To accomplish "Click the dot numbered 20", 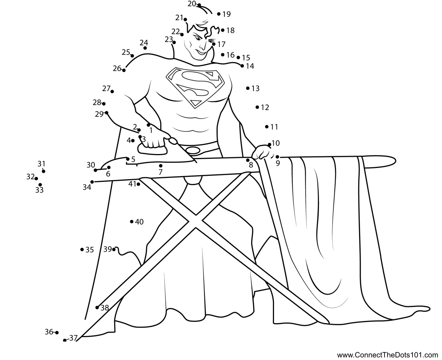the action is [x=199, y=5].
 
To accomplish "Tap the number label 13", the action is [x=256, y=89].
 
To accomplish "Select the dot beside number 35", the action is [x=82, y=249].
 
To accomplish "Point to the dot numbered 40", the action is [x=131, y=221].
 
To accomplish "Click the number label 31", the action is [x=41, y=164].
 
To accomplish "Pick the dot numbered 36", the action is [x=57, y=332].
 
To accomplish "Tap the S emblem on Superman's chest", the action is [x=195, y=87].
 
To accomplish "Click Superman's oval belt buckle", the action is [x=193, y=150].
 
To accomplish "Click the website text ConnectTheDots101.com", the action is [x=387, y=355].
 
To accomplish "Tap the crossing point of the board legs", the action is [x=195, y=221].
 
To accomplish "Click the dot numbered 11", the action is [x=267, y=127].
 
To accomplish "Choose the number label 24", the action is [x=144, y=43].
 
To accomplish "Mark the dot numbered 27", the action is [x=112, y=91].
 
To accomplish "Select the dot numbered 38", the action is [x=97, y=307].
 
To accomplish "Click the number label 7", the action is [x=160, y=172].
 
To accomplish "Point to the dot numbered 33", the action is [x=40, y=185].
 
